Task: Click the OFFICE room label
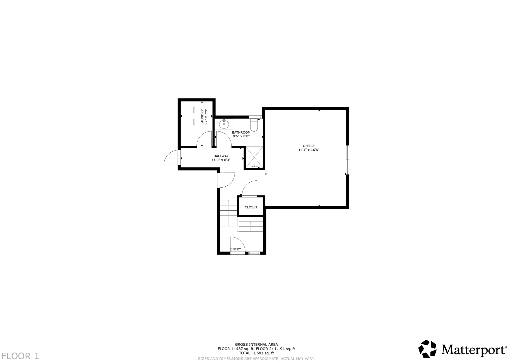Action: [x=309, y=146]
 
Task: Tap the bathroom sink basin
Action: [x=224, y=124]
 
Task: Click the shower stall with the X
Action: [x=254, y=157]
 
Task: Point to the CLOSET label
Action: [x=251, y=207]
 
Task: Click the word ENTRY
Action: [x=235, y=249]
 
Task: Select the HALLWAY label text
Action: [x=221, y=156]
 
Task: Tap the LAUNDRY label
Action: [x=202, y=117]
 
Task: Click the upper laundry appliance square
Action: [x=189, y=110]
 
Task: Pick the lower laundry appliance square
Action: [x=189, y=122]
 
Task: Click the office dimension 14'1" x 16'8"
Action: [x=309, y=150]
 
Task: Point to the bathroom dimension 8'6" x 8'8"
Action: [x=241, y=137]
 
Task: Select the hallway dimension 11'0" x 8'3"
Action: [x=221, y=160]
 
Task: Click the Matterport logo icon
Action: [x=427, y=349]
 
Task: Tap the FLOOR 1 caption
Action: [x=20, y=356]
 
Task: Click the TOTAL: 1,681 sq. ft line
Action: [x=256, y=353]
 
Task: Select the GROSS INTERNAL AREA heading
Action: [x=256, y=344]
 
